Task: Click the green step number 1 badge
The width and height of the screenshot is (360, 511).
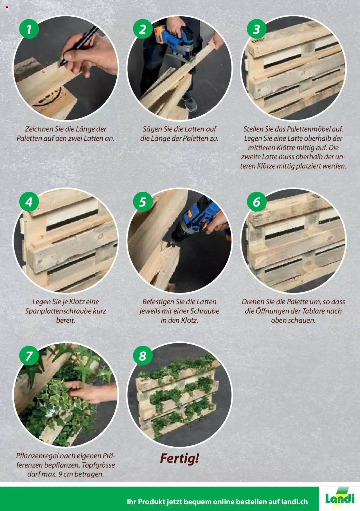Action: point(29,29)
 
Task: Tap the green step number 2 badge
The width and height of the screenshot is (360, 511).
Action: point(143,29)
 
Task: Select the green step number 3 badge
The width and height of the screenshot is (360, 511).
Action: point(256,29)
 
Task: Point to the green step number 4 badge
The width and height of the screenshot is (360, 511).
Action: point(29,202)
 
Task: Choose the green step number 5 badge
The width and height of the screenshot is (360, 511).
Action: point(143,202)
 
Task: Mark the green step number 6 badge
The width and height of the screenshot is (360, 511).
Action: point(256,202)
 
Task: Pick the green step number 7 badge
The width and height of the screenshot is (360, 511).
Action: point(29,356)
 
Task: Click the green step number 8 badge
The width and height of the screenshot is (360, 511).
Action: point(143,356)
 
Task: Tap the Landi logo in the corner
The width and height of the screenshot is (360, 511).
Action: point(340,499)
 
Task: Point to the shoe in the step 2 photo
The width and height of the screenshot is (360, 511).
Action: point(189,103)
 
